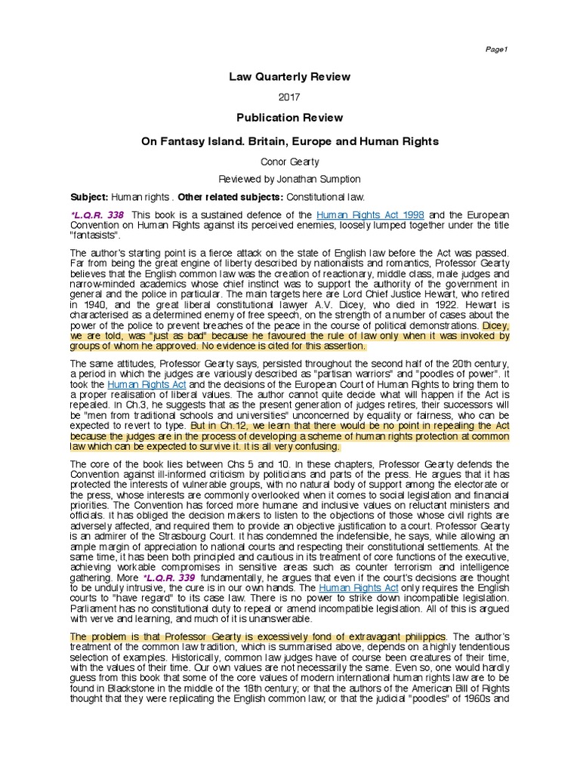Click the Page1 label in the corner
pos(497,49)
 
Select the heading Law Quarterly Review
pos(290,77)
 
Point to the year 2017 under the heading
pos(290,98)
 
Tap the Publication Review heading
pos(290,118)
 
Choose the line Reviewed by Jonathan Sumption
pos(290,179)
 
